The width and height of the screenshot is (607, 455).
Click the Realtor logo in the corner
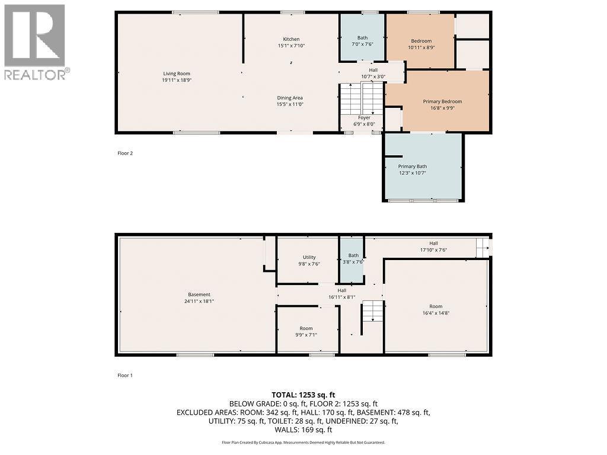(36, 42)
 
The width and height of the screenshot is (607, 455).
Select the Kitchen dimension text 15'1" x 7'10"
(291, 46)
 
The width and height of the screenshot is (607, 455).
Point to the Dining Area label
(290, 98)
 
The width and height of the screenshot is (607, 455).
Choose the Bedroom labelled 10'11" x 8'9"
(421, 44)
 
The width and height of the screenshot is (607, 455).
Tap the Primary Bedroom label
(442, 101)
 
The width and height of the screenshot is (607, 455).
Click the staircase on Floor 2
(361, 98)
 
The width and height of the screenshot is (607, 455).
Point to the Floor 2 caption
(125, 153)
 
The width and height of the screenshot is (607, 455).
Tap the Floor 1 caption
(125, 375)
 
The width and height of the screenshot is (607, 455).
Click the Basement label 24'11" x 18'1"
(199, 297)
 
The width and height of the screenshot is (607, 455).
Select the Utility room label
(309, 261)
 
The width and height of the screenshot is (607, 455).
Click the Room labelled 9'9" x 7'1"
(306, 332)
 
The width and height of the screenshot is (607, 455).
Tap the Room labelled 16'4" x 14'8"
(436, 309)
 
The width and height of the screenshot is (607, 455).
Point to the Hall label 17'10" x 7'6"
(433, 246)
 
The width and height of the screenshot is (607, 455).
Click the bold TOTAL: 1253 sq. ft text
(303, 395)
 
